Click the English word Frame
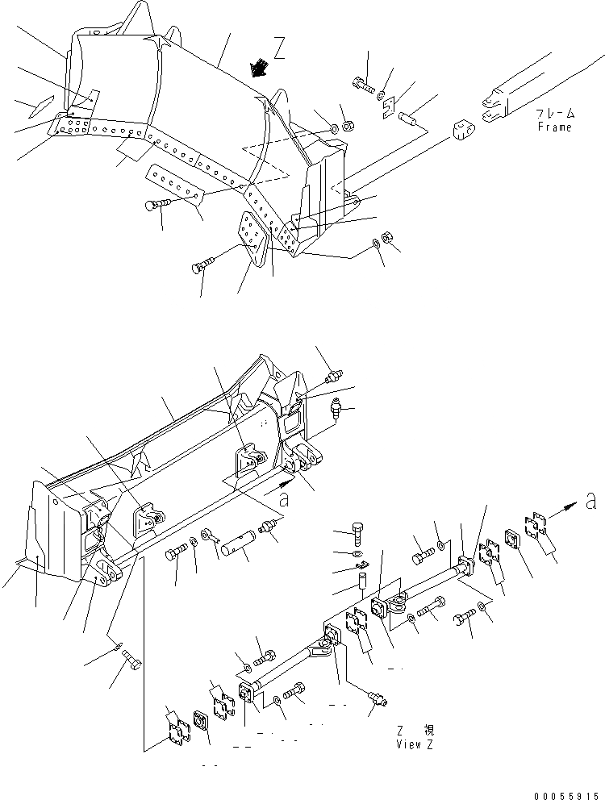555,127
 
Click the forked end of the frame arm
490,110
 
